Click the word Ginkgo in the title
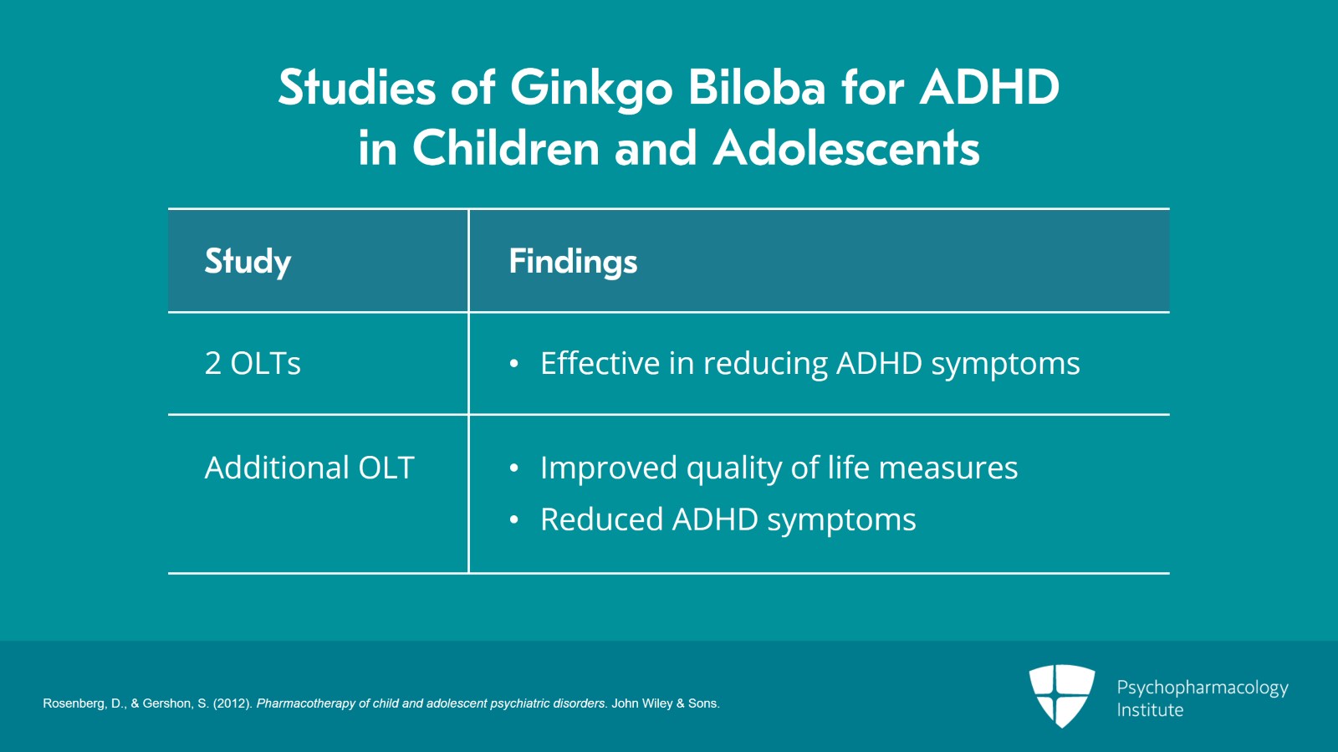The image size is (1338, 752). click(590, 89)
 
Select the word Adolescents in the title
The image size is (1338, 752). click(845, 148)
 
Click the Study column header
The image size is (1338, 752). click(248, 262)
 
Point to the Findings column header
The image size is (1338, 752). click(573, 262)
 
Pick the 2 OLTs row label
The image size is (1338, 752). click(253, 364)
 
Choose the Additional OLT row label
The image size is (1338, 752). click(309, 468)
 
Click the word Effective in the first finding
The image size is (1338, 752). click(600, 364)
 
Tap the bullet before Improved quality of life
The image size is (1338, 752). click(514, 468)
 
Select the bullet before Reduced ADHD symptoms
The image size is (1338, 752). click(514, 520)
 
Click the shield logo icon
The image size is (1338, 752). click(1061, 694)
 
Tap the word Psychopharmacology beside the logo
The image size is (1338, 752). click(1202, 688)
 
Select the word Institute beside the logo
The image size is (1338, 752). click(1150, 710)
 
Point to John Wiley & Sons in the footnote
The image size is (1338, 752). click(664, 703)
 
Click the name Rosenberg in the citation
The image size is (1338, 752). click(74, 703)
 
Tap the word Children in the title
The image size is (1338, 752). click(506, 148)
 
